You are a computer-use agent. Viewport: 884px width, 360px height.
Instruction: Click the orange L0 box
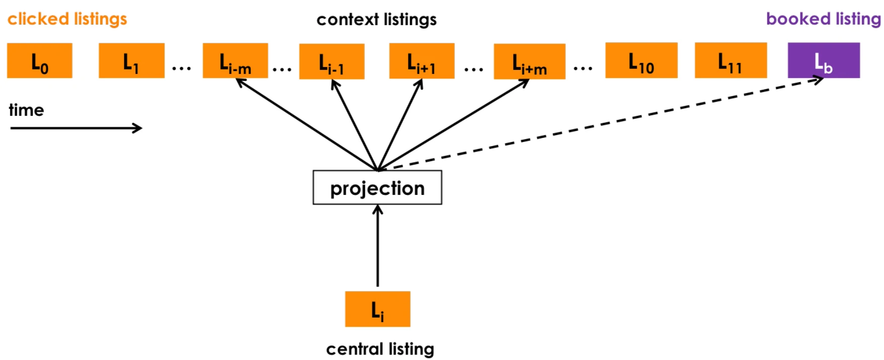pos(39,60)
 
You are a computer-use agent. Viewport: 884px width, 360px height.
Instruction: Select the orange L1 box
pos(131,60)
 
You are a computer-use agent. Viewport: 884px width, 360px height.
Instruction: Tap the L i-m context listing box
pos(235,60)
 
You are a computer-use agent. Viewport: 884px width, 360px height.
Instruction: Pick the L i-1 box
pos(331,61)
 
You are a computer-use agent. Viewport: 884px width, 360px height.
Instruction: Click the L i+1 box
pos(422,61)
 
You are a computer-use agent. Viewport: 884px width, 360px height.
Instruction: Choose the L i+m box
pos(529,61)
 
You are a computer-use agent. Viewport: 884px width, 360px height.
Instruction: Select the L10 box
pos(641,60)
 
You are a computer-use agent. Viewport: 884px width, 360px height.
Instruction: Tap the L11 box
pos(730,60)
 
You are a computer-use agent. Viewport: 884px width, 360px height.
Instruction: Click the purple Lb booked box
pos(824,60)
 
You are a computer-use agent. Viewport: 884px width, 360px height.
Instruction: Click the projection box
pos(377,188)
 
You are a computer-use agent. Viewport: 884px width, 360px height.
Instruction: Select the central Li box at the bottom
pos(377,309)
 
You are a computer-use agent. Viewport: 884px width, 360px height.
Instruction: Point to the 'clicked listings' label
pos(67,19)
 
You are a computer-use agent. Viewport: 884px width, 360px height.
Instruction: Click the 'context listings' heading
pos(376,20)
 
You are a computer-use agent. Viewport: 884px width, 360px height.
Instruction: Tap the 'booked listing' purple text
pos(823,19)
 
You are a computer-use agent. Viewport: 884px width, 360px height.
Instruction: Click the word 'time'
pos(26,110)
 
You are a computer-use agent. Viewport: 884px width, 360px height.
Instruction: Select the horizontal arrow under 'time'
pos(76,128)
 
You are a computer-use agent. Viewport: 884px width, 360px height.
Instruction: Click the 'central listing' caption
pos(380,349)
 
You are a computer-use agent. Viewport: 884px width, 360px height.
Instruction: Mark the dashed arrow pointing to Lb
pos(604,124)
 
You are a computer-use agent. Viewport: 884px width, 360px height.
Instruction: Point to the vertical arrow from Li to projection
pos(378,247)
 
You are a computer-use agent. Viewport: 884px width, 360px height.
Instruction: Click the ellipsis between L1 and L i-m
pos(181,68)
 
